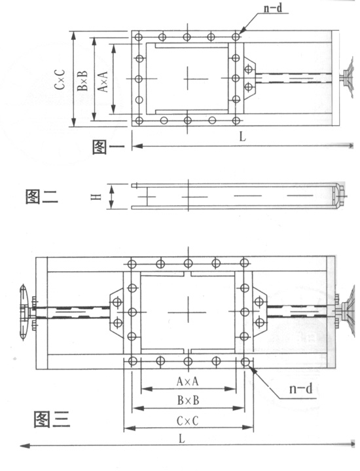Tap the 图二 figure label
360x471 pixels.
41,195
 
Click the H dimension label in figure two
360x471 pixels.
96,197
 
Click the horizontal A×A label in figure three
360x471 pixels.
188,381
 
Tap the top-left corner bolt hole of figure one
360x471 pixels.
139,36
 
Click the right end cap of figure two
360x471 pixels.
340,196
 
